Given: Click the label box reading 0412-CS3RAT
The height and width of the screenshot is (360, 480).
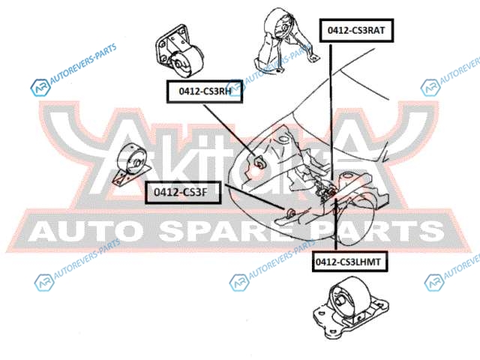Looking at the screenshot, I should coord(356,31).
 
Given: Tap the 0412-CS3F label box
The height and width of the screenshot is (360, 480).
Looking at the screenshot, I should coord(181,192).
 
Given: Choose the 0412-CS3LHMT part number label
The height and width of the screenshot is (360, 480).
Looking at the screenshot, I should coord(348,262).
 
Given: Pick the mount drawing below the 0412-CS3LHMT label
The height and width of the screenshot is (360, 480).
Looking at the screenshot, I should coord(345,307).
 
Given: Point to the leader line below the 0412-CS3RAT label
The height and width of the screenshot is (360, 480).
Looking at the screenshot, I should coord(331,112).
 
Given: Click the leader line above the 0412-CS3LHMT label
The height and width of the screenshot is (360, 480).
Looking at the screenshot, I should coord(334,225).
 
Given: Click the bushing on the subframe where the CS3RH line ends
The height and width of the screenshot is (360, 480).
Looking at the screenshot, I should coord(259,160).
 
